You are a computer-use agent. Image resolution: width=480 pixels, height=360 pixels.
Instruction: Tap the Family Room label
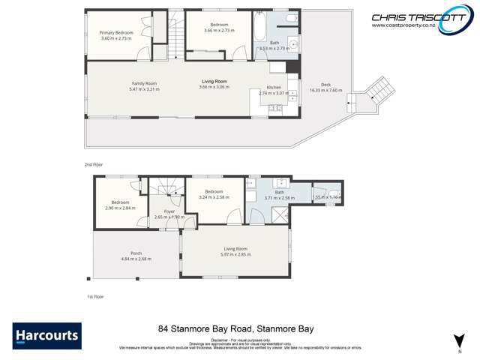click(144, 83)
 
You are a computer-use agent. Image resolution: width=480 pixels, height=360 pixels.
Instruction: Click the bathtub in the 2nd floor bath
click(259, 30)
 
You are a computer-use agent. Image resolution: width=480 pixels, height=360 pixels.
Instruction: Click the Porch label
click(136, 253)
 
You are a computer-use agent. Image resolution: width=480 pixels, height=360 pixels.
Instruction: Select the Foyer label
click(169, 211)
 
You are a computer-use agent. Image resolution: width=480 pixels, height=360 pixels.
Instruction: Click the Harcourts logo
click(46, 335)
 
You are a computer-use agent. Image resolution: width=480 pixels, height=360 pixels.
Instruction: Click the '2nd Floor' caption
click(94, 163)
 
